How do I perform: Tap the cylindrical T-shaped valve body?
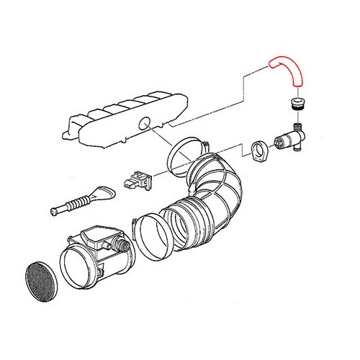287,138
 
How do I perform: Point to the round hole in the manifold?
149,125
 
